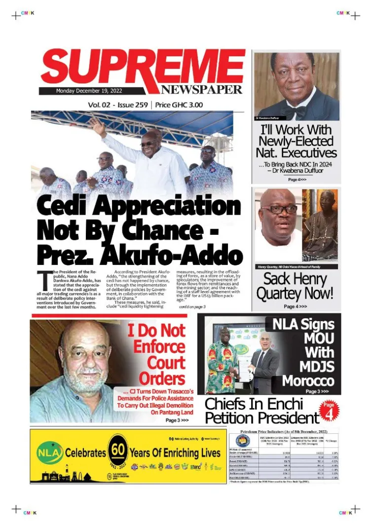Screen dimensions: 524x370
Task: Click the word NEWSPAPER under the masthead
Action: (201, 90)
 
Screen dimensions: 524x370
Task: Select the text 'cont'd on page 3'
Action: (192, 307)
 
